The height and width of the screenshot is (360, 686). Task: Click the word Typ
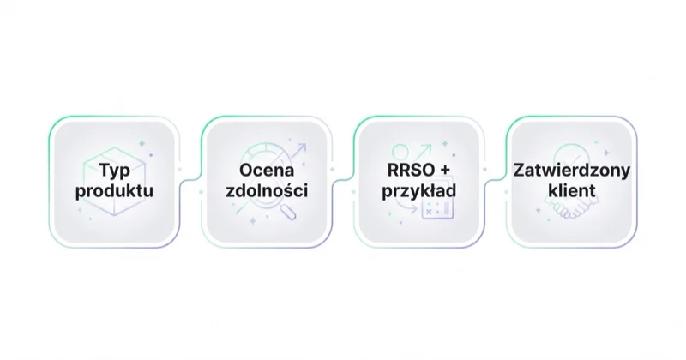coord(115,171)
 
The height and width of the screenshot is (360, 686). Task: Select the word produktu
coord(114,191)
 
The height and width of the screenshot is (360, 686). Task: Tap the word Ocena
coord(267,171)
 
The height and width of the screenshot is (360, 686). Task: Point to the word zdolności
coord(267,191)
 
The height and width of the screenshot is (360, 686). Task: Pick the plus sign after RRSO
coord(444,171)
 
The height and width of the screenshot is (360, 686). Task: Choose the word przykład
coord(419,191)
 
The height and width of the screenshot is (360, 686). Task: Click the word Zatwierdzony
coord(571,171)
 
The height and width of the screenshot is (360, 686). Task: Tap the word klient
coord(571,191)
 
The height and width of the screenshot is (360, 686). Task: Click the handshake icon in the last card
coord(571,207)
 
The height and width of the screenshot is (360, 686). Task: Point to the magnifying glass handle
coord(288,213)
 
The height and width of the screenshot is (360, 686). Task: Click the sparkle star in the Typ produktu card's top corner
coord(141,143)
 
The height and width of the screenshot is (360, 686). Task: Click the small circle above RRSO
coord(400,153)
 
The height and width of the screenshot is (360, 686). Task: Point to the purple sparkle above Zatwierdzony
coord(606,153)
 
